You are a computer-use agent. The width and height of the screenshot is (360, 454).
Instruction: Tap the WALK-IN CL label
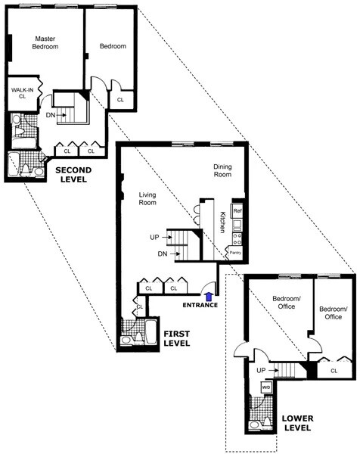pyautogui.click(x=20, y=92)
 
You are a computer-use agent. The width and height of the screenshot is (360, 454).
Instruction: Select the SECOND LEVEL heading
pyautogui.click(x=73, y=175)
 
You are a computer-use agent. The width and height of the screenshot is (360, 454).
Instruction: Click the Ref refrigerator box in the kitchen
pyautogui.click(x=237, y=210)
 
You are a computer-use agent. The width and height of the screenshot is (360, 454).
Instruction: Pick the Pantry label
pyautogui.click(x=235, y=253)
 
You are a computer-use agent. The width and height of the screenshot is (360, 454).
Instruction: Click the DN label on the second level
pyautogui.click(x=51, y=115)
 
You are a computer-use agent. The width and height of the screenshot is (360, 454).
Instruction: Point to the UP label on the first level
pyautogui.click(x=154, y=238)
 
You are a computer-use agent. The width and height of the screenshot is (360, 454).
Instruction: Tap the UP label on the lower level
pyautogui.click(x=261, y=371)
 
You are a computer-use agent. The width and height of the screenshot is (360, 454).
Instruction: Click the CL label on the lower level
pyautogui.click(x=334, y=371)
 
